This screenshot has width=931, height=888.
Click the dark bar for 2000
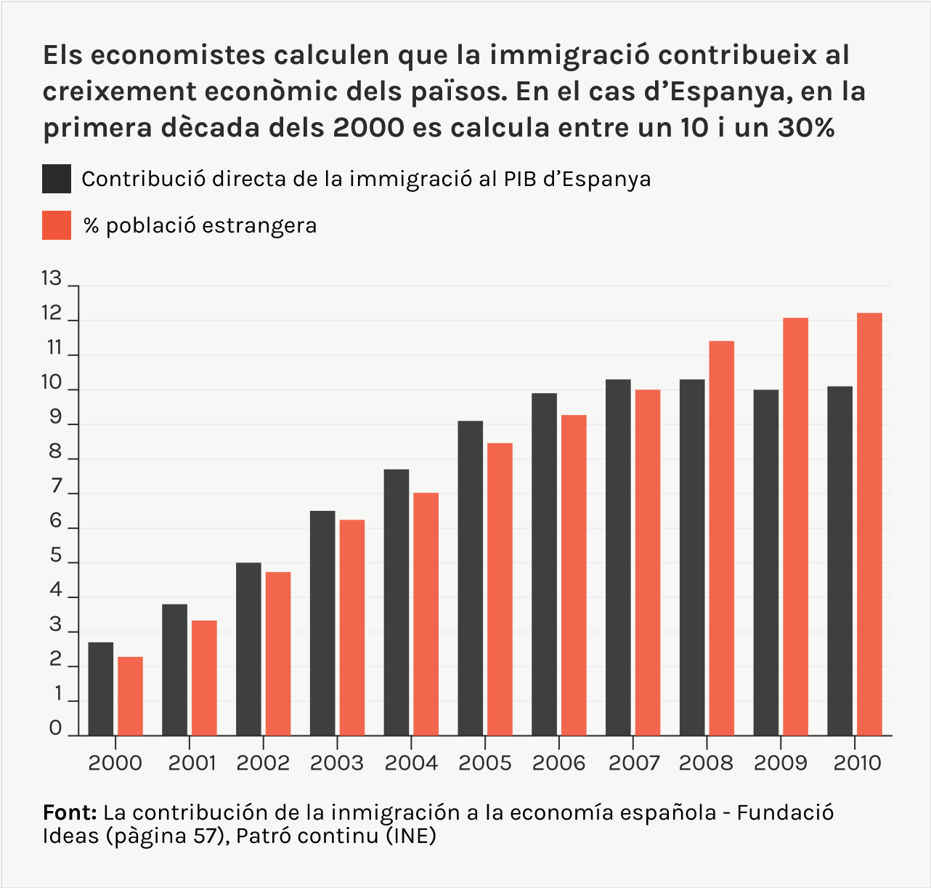101,689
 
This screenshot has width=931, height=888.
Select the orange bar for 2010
869,525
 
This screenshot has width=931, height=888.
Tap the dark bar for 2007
618,557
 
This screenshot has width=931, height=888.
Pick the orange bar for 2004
426,614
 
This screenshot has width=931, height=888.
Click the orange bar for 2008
721,538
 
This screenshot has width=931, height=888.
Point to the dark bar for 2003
322,623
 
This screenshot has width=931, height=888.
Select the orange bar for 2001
204,678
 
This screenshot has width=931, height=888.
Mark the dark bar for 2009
765,563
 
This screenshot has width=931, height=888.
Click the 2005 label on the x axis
485,763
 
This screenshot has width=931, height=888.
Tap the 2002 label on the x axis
263,763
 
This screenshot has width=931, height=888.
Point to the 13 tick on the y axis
52,278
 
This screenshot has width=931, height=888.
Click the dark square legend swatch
57,179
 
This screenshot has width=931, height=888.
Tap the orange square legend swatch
57,225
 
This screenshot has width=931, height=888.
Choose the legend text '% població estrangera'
200,225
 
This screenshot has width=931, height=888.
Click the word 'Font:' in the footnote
70,812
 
